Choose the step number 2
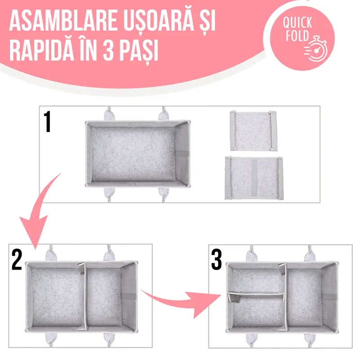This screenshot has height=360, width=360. pos(17,260)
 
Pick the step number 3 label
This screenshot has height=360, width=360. pos(216,260)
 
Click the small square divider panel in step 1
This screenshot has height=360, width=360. pos(253,130)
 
